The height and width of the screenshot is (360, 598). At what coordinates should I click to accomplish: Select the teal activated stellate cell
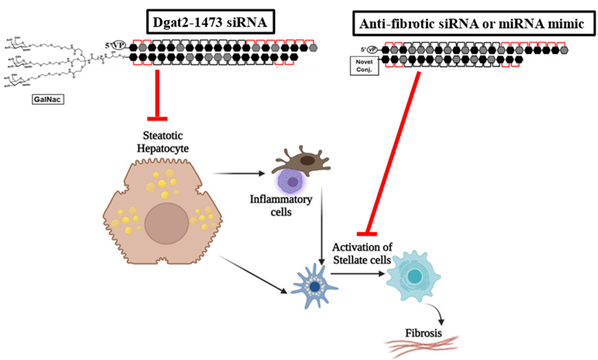[x=416, y=278]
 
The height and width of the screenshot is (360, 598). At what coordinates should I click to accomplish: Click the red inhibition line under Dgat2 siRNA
[x=157, y=92]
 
